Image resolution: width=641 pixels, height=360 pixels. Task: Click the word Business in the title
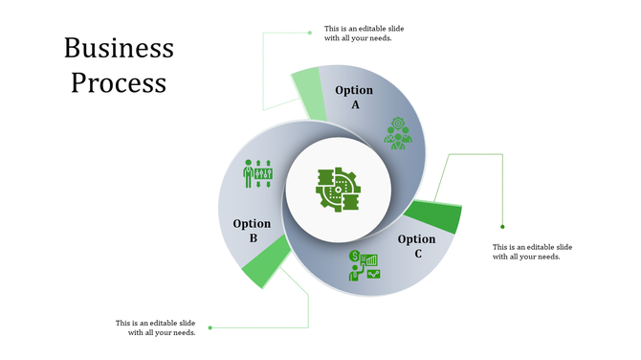pyautogui.click(x=119, y=49)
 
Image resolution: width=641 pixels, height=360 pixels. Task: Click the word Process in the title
pyautogui.click(x=119, y=82)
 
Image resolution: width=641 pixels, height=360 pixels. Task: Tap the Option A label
pyautogui.click(x=354, y=97)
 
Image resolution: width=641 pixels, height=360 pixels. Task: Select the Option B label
pyautogui.click(x=252, y=231)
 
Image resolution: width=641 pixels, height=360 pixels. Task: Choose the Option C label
pyautogui.click(x=417, y=246)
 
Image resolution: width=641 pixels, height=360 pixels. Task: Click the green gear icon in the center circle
pyautogui.click(x=337, y=189)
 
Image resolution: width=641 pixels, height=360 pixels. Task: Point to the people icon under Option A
pyautogui.click(x=397, y=133)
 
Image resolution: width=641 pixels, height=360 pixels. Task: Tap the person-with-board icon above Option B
pyautogui.click(x=258, y=173)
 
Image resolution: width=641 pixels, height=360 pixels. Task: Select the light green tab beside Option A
pyautogui.click(x=308, y=94)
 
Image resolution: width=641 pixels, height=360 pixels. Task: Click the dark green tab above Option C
pyautogui.click(x=435, y=215)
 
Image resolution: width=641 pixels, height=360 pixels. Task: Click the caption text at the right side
pyautogui.click(x=533, y=252)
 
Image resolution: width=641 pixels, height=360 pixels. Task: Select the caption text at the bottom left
pyautogui.click(x=156, y=327)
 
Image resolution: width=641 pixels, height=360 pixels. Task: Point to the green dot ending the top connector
pyautogui.click(x=310, y=33)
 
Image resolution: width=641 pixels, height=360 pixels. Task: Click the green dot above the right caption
pyautogui.click(x=503, y=227)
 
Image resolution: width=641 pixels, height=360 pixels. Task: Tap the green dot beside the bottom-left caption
pyautogui.click(x=210, y=327)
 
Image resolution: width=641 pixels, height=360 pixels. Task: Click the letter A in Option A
pyautogui.click(x=355, y=104)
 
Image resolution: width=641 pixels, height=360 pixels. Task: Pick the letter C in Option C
pyautogui.click(x=418, y=254)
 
